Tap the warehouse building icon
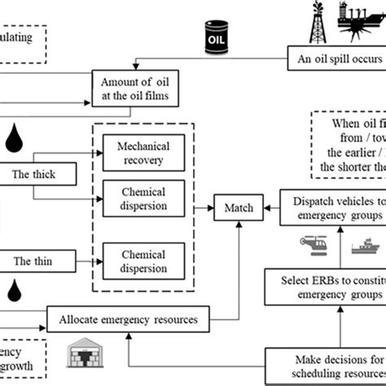coord(81,355)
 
